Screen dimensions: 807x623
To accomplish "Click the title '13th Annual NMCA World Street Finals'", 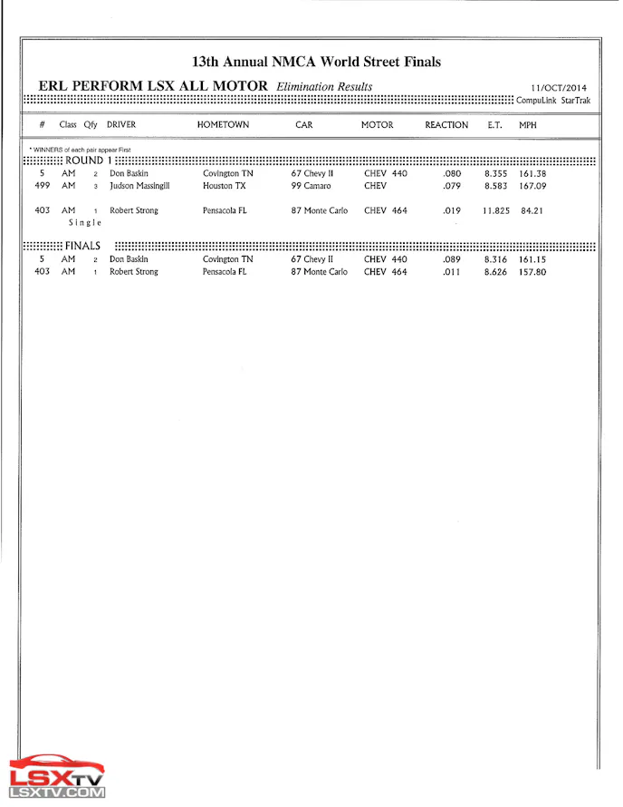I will [x=316, y=62].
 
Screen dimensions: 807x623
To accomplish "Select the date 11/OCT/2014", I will [x=559, y=88].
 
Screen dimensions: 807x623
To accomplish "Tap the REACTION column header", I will [x=446, y=125].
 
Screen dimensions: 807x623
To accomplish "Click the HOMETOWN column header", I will [x=223, y=125].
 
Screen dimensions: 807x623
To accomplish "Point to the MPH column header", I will [x=527, y=125].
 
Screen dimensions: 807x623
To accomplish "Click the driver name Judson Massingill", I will [x=139, y=186].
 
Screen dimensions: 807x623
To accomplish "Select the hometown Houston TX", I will [x=224, y=186].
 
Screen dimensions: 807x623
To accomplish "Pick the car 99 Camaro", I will [x=311, y=186].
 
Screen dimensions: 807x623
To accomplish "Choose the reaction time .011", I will [x=452, y=272].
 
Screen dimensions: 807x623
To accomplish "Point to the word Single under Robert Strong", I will [x=84, y=222].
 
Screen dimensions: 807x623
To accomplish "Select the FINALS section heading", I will [x=82, y=246].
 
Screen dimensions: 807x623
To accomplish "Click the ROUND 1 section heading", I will [x=88, y=160].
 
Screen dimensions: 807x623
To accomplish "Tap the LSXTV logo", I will [x=57, y=776].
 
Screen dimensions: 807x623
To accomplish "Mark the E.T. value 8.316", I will [x=495, y=259].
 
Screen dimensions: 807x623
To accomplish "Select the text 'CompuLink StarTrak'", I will [x=552, y=101].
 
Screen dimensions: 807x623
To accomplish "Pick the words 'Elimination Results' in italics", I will [x=324, y=86].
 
